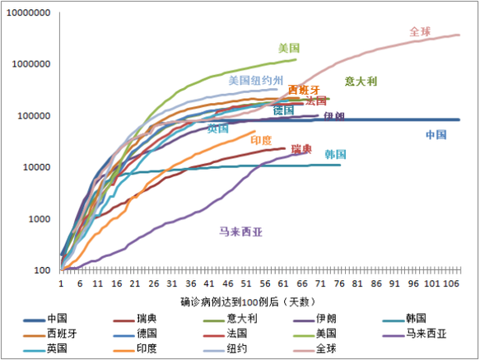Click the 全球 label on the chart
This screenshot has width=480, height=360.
pyautogui.click(x=422, y=31)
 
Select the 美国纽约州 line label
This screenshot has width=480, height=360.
pyautogui.click(x=256, y=81)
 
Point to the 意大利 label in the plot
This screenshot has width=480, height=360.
pyautogui.click(x=361, y=81)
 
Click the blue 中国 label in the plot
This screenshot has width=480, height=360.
pyautogui.click(x=436, y=134)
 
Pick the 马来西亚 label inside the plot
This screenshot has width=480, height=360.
pyautogui.click(x=240, y=231)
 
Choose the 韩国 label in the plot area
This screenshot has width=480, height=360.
pyautogui.click(x=335, y=154)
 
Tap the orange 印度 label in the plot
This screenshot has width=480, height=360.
pyautogui.click(x=262, y=140)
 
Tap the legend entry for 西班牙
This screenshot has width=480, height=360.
pyautogui.click(x=63, y=333)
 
